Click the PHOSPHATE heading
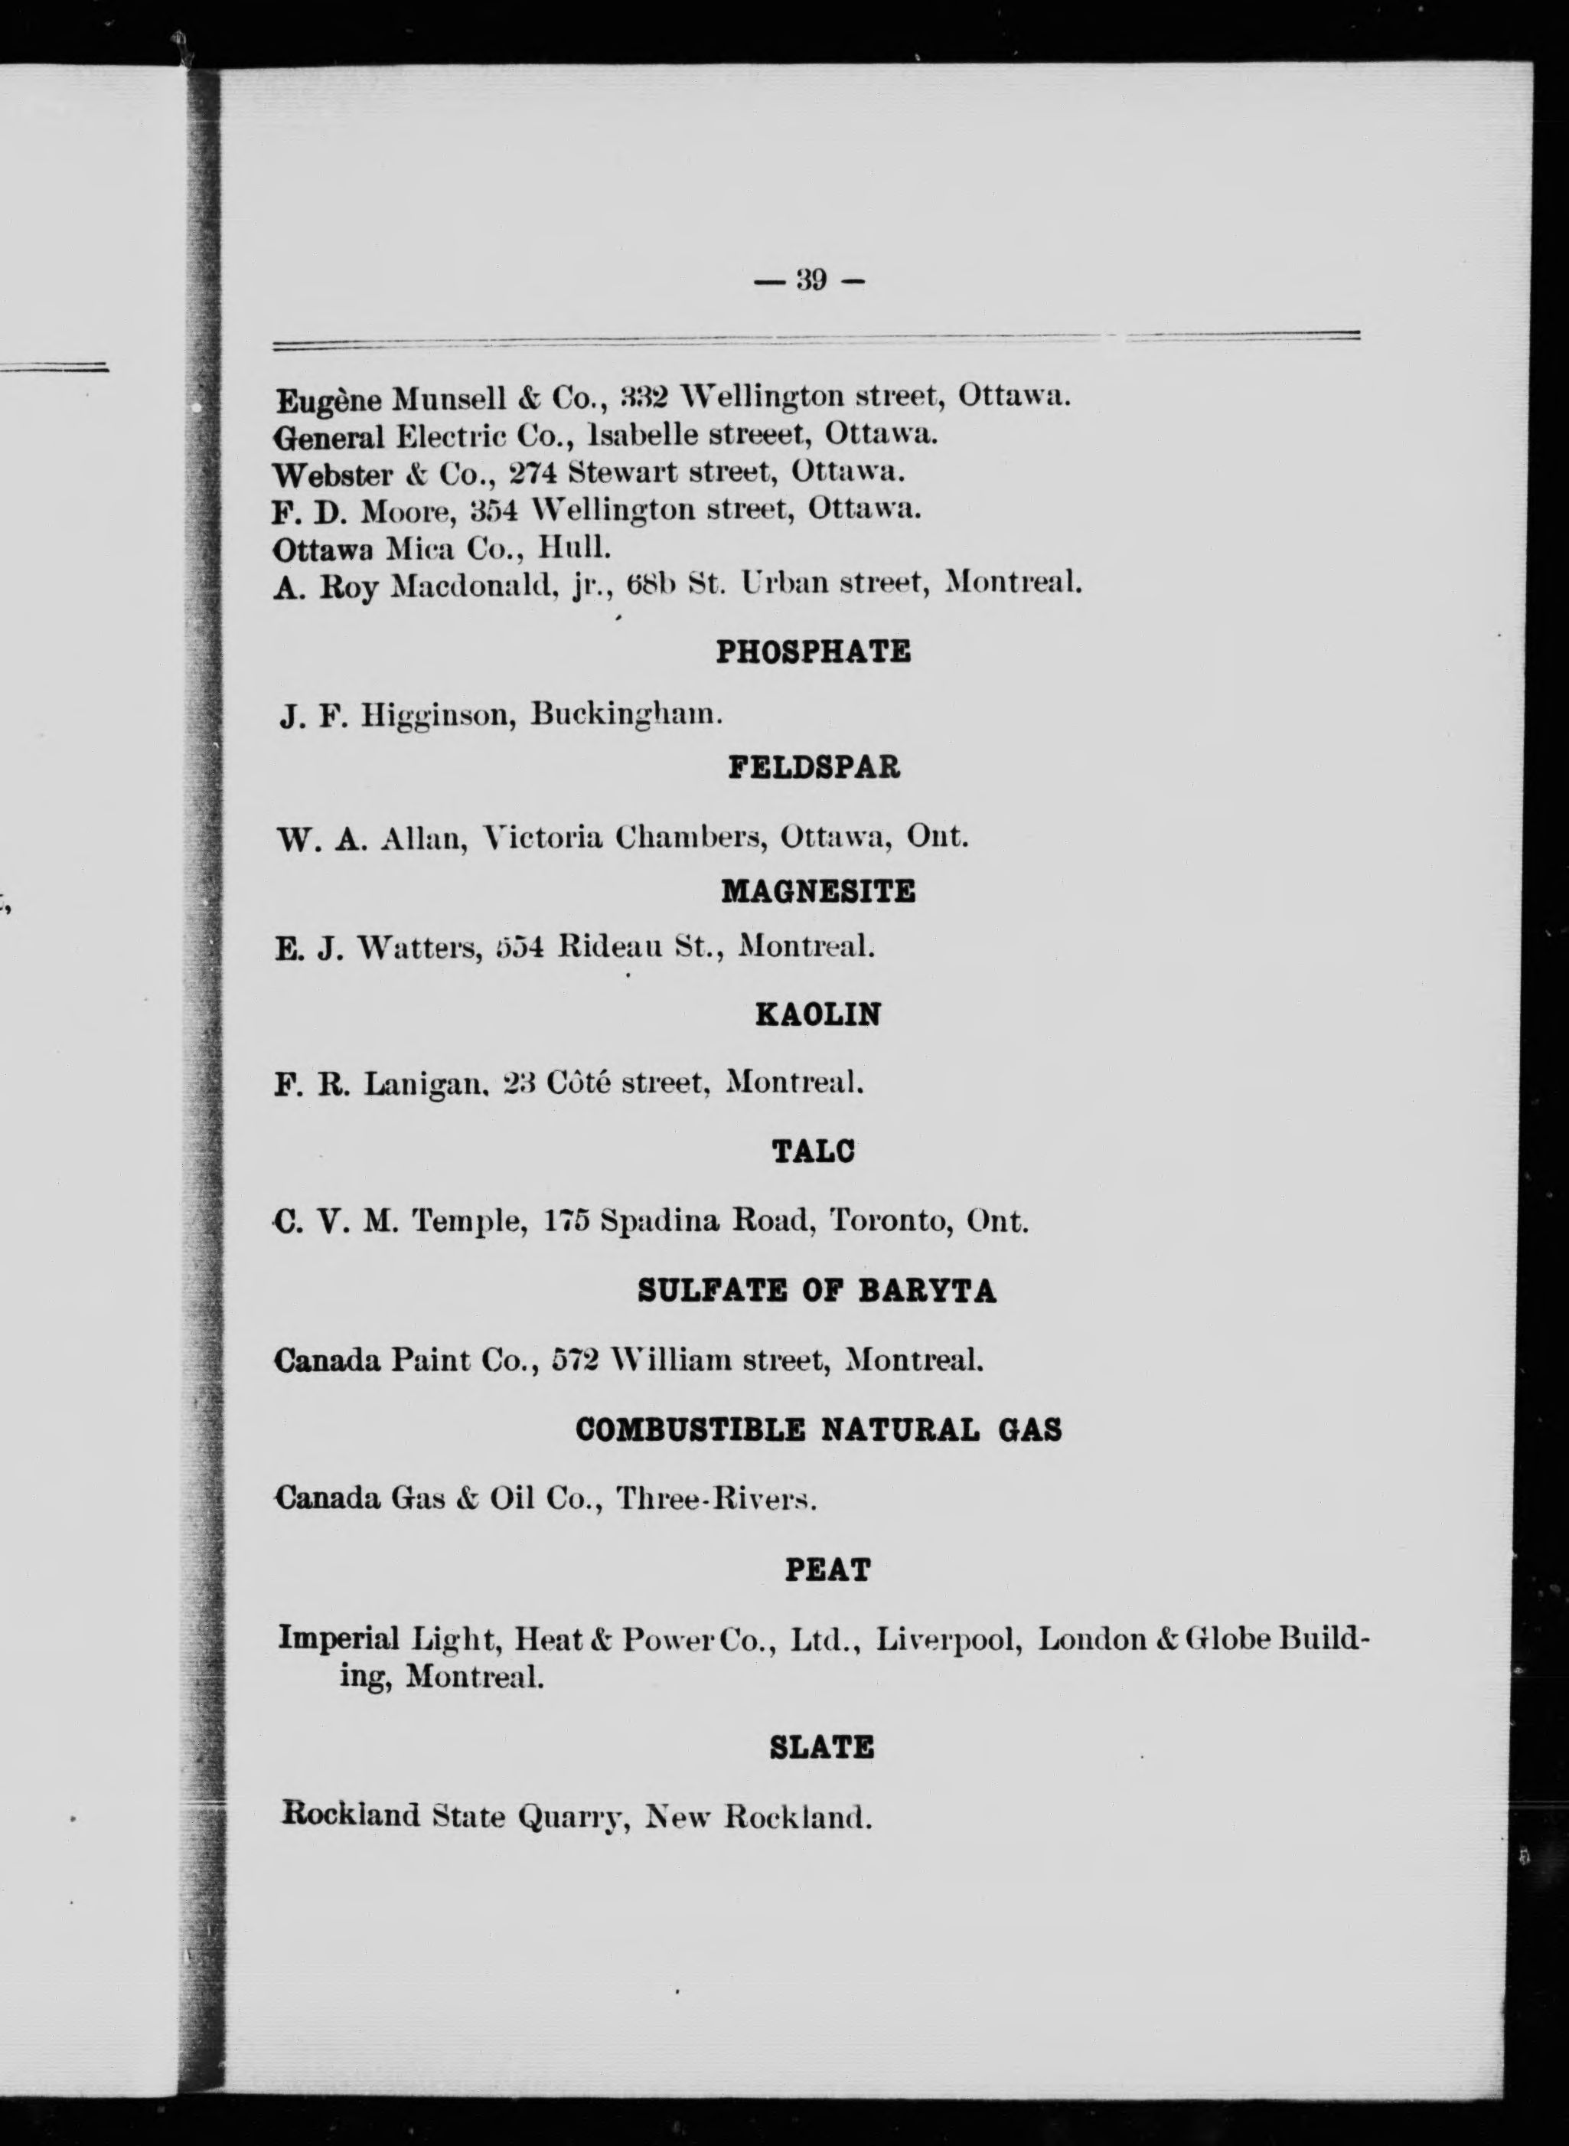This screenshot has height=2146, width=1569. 813,652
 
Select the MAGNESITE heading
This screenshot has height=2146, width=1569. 817,891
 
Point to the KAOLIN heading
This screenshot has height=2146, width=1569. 817,1015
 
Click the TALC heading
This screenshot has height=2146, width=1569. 814,1151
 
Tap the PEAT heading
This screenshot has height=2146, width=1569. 827,1570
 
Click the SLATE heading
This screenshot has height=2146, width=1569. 821,1747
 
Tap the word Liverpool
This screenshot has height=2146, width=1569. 949,1641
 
